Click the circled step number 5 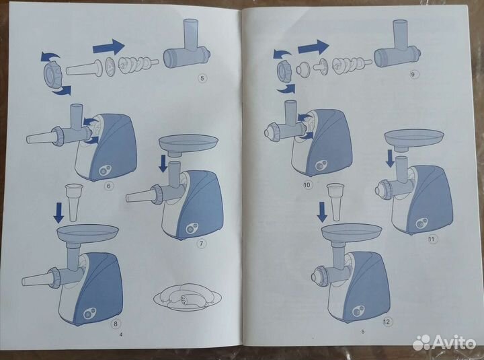(202, 78)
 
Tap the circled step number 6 (108, 186)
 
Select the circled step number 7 (202, 244)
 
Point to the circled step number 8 (116, 324)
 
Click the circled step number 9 (413, 74)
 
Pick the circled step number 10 (307, 185)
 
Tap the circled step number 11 (432, 239)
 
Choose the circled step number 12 (387, 322)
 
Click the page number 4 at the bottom (121, 334)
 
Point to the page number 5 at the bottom (363, 332)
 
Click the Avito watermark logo (444, 342)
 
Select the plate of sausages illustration (188, 297)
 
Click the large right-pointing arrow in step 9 (313, 47)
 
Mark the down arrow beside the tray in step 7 (163, 164)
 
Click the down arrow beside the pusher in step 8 (58, 213)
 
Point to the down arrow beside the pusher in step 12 (322, 212)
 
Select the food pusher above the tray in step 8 (74, 203)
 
